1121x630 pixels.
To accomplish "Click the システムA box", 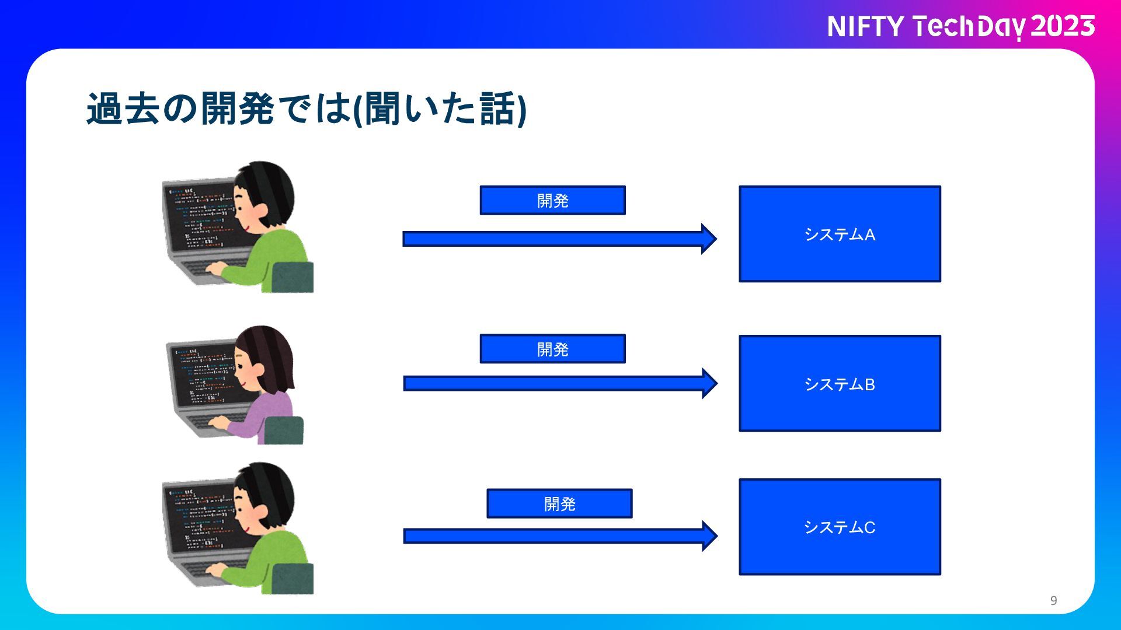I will [840, 234].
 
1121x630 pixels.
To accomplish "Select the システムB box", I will [840, 383].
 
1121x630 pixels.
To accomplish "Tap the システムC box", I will [840, 527].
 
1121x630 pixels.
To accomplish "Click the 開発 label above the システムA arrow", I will [552, 201].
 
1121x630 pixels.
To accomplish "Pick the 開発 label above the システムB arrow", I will [552, 349].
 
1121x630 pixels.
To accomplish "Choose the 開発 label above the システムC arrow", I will [559, 503].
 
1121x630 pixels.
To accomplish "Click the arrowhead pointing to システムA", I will [709, 239].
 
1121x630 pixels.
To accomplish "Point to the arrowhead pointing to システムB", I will [709, 383].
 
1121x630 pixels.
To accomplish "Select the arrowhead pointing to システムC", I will [709, 536].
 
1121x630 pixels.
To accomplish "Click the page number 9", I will [1053, 600].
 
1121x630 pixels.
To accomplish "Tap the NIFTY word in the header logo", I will [865, 27].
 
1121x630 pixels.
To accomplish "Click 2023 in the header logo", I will [1063, 26].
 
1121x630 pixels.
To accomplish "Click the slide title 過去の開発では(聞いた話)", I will [307, 109].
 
